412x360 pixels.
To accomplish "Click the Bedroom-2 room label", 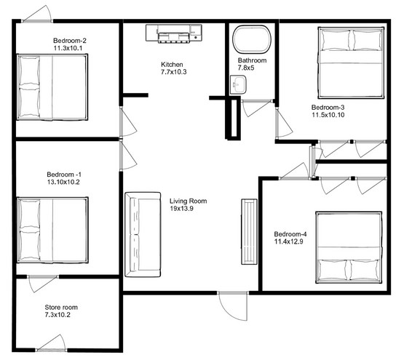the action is pyautogui.click(x=70, y=41).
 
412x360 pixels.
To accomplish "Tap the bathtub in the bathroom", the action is pyautogui.click(x=252, y=39).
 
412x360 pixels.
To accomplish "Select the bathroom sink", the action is pyautogui.click(x=238, y=84).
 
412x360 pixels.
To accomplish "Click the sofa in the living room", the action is pyautogui.click(x=143, y=234).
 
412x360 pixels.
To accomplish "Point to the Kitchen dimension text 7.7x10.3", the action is pyautogui.click(x=174, y=72).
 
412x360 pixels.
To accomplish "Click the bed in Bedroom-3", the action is pyautogui.click(x=351, y=63).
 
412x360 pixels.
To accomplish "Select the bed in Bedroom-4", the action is pyautogui.click(x=349, y=247).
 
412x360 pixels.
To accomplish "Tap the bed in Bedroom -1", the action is pyautogui.click(x=52, y=230).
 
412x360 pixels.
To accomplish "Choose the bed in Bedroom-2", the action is pyautogui.click(x=52, y=87).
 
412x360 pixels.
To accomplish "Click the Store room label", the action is pyautogui.click(x=61, y=307).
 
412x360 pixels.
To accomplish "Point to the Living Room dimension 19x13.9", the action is pyautogui.click(x=181, y=209).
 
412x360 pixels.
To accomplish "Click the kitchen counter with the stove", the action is pyautogui.click(x=174, y=33).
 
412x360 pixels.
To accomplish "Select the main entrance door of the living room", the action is pyautogui.click(x=233, y=305).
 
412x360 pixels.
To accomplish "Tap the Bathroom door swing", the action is pyautogui.click(x=256, y=108).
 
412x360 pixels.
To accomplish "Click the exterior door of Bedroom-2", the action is pyautogui.click(x=37, y=14).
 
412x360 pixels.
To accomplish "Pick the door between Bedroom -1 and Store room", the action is pyautogui.click(x=43, y=284).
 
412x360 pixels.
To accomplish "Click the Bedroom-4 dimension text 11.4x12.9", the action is pyautogui.click(x=289, y=241).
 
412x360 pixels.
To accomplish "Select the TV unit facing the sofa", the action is pyautogui.click(x=249, y=231).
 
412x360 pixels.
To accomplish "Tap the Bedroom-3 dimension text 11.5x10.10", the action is pyautogui.click(x=328, y=115).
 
